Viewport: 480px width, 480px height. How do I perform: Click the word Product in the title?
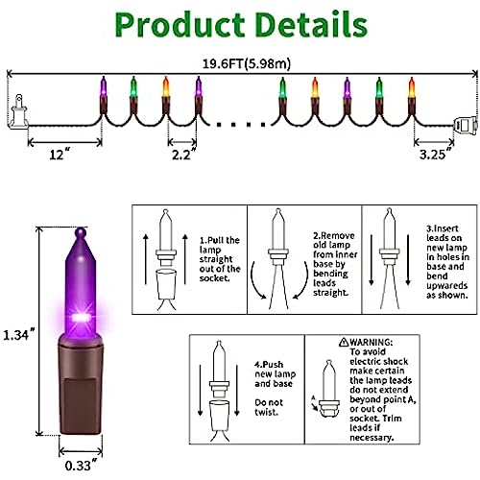click(x=180, y=26)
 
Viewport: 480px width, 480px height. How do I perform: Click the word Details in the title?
click(x=311, y=24)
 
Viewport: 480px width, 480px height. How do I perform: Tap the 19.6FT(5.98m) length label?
click(x=247, y=63)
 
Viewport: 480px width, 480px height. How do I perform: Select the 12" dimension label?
click(x=60, y=155)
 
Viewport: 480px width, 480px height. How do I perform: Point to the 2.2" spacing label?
click(x=183, y=155)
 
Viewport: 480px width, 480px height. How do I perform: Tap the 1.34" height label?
click(x=18, y=335)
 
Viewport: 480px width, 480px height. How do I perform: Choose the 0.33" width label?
click(x=81, y=466)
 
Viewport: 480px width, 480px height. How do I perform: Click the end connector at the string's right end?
click(x=466, y=126)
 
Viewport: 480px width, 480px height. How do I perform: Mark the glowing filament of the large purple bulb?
click(x=80, y=318)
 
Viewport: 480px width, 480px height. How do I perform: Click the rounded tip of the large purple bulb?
click(x=81, y=232)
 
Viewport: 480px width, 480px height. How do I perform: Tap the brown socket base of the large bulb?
click(x=81, y=385)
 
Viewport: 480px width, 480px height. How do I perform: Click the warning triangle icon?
click(x=344, y=342)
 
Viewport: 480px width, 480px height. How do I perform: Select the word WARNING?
click(x=372, y=342)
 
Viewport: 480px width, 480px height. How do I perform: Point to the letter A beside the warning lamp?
click(x=314, y=397)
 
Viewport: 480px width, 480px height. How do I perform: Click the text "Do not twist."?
click(x=269, y=407)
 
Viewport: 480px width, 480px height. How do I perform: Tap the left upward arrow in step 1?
click(x=146, y=259)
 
